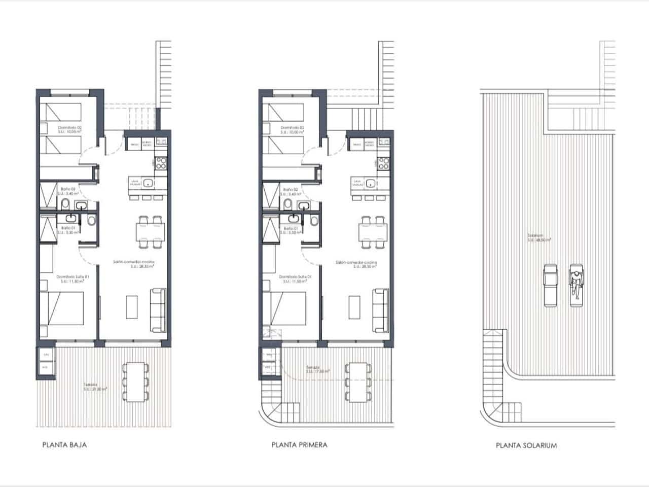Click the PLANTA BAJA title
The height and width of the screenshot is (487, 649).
tap(64, 445)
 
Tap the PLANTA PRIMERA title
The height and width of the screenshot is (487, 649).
tap(299, 445)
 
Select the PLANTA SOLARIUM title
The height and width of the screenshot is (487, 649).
tap(526, 445)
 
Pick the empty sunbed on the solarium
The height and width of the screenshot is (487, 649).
tap(550, 285)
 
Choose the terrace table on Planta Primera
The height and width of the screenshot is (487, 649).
tap(357, 381)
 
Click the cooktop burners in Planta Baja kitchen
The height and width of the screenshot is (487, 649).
tap(161, 163)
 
